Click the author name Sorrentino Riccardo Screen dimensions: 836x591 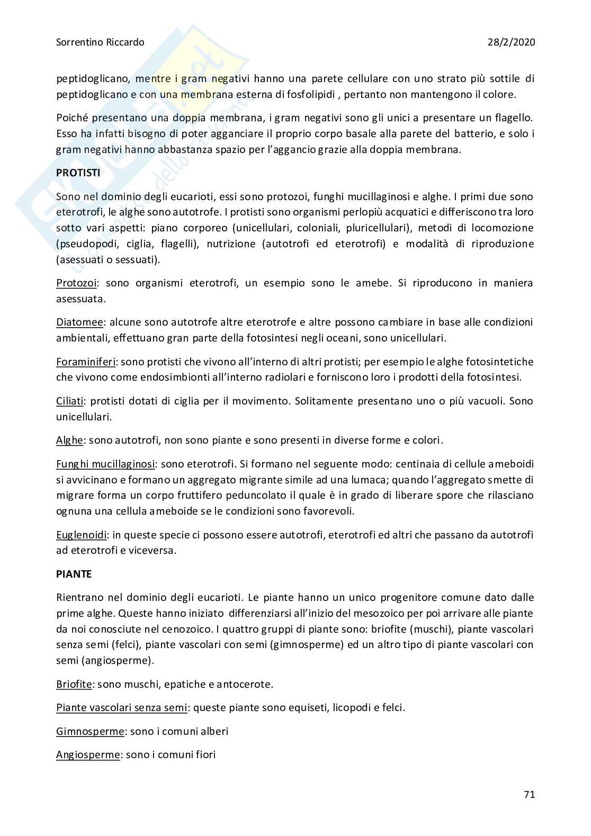[100, 42]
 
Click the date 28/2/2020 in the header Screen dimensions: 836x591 [511, 42]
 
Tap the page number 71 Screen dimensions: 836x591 [529, 794]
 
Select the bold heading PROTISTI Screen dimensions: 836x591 [78, 173]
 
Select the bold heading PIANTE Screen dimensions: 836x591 [74, 574]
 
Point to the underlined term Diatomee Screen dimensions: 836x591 [79, 322]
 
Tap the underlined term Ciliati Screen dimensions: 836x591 [70, 401]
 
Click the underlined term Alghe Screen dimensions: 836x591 [69, 440]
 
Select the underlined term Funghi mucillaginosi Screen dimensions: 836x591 [105, 464]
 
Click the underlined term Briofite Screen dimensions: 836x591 [74, 684]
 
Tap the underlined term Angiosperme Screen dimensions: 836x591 [88, 754]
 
